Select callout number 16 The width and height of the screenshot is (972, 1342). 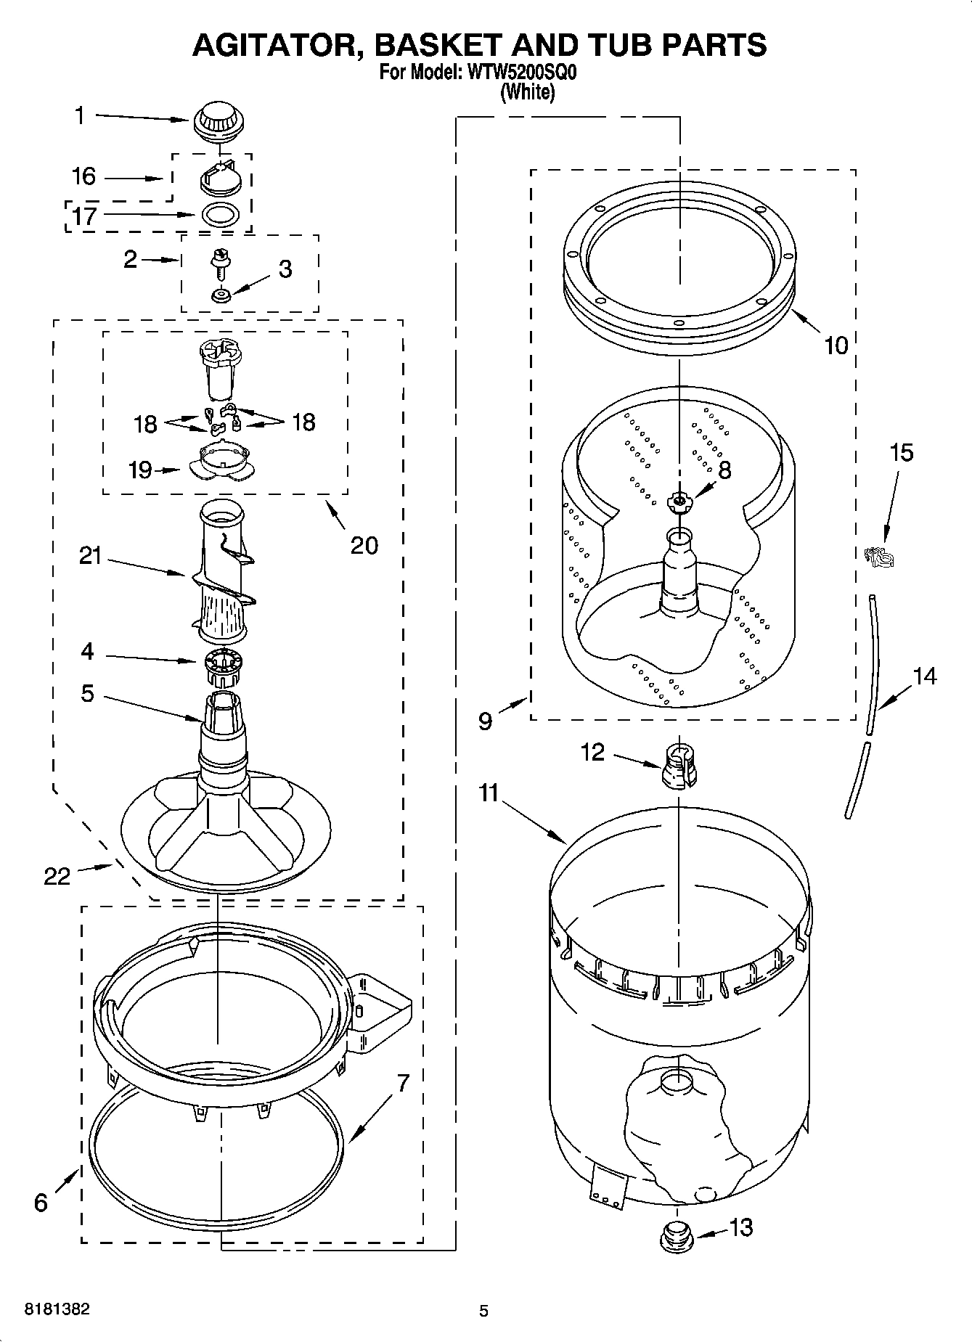[x=83, y=176]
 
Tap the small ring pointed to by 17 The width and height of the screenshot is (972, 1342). [x=220, y=215]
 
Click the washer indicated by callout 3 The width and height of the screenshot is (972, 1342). [x=220, y=295]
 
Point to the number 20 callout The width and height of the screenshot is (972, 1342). [x=364, y=544]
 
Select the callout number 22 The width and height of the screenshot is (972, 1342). [x=57, y=876]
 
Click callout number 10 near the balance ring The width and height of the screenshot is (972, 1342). [x=836, y=345]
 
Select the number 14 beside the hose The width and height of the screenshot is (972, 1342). [x=924, y=676]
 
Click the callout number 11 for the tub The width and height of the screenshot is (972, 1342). [x=489, y=793]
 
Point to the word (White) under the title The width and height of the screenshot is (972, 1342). [x=528, y=93]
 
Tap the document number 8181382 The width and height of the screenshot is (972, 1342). [x=57, y=1310]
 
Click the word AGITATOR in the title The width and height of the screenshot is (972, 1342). [x=277, y=45]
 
